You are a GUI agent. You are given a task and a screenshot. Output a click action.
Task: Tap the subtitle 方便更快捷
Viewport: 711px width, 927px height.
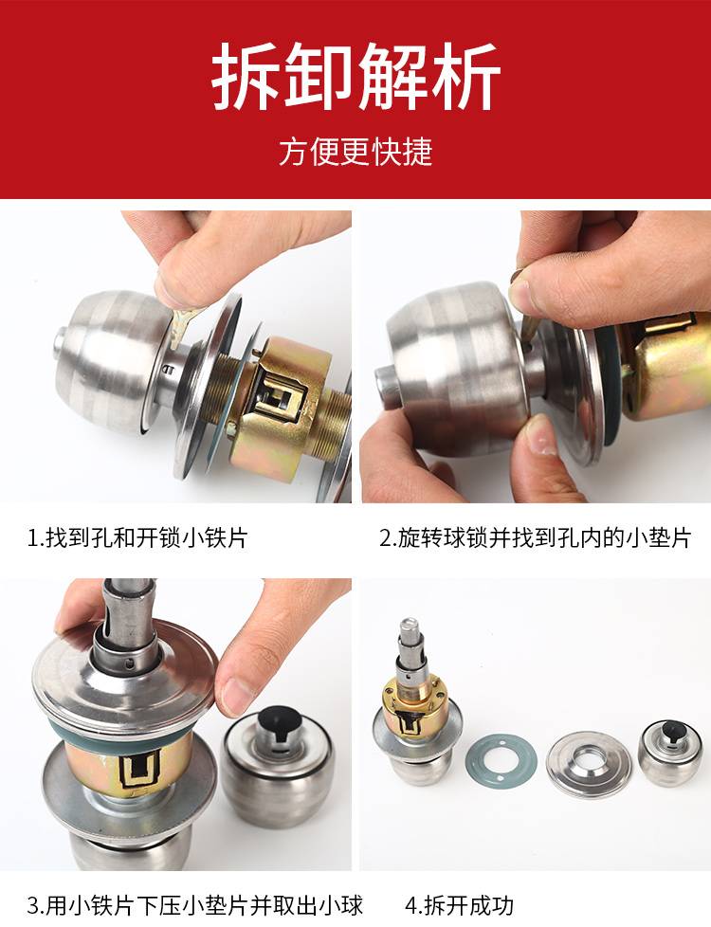pyautogui.click(x=355, y=152)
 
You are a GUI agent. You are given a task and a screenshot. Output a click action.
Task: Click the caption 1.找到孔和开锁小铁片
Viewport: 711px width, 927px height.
pyautogui.click(x=137, y=537)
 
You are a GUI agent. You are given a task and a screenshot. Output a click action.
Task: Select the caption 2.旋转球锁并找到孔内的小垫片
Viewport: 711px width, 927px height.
pyautogui.click(x=535, y=537)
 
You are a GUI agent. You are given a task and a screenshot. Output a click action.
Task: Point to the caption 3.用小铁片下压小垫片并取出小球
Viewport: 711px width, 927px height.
pyautogui.click(x=194, y=905)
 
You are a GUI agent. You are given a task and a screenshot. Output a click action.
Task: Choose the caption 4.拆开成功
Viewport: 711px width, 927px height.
pyautogui.click(x=460, y=905)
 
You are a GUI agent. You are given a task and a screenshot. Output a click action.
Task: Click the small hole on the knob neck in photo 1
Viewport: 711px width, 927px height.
pyautogui.click(x=168, y=371)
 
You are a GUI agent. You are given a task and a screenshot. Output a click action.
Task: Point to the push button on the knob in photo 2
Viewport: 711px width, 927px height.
pyautogui.click(x=388, y=387)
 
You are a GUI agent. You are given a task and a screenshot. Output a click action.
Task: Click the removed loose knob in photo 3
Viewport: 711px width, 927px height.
pyautogui.click(x=278, y=768)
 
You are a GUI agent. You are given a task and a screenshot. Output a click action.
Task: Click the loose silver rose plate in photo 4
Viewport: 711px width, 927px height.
pyautogui.click(x=589, y=764)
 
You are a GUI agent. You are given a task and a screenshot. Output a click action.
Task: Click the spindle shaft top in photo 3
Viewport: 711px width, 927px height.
pyautogui.click(x=129, y=585)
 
